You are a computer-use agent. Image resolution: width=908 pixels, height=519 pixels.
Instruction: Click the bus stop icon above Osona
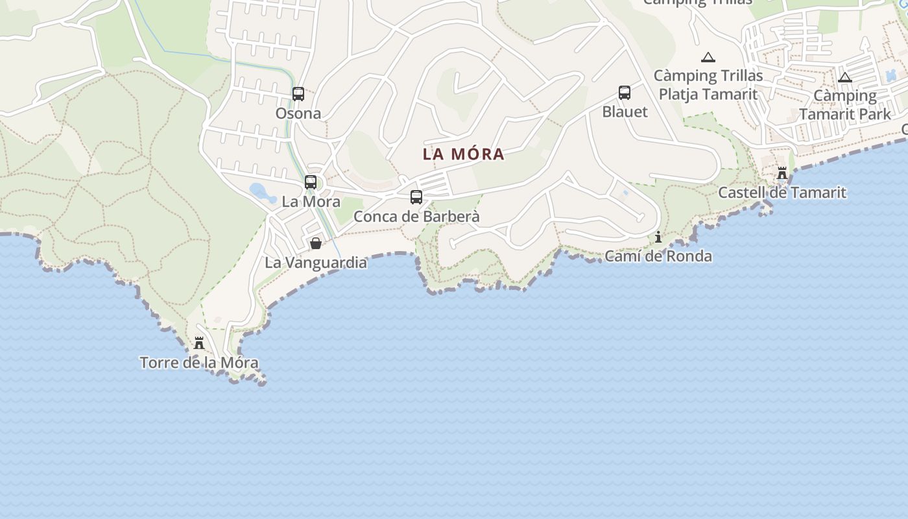(298, 94)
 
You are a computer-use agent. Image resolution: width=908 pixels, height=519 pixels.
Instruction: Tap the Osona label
(298, 114)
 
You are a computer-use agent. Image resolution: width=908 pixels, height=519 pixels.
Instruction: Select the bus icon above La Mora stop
(311, 182)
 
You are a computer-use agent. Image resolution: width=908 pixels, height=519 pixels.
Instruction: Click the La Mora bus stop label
(311, 202)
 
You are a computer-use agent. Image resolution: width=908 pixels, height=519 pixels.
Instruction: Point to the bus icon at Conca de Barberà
(416, 197)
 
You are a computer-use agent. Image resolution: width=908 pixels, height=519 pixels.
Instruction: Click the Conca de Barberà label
(416, 217)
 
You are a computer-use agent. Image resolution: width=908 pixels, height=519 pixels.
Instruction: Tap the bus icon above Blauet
(625, 93)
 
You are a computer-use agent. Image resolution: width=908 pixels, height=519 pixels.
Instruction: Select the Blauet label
(625, 112)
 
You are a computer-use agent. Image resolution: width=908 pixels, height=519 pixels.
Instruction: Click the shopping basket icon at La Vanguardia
(316, 244)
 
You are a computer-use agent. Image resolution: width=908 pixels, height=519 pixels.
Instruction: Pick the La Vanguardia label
(316, 263)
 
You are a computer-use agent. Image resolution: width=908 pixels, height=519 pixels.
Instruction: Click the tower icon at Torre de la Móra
(199, 343)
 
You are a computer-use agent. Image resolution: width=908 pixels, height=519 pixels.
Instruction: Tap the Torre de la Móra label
(199, 363)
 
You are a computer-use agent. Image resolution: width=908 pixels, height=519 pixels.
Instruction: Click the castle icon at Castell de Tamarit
(782, 173)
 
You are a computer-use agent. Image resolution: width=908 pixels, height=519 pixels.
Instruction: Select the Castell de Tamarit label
(782, 193)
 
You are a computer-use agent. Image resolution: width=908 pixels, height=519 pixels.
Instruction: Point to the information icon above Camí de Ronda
(658, 237)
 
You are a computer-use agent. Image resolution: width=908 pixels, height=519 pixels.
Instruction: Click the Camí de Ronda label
(658, 256)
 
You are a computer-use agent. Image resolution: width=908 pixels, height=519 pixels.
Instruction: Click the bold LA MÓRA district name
(464, 154)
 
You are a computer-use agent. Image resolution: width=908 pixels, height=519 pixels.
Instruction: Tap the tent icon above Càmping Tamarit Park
(844, 77)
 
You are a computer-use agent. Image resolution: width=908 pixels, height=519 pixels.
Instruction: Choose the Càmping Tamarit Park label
(844, 105)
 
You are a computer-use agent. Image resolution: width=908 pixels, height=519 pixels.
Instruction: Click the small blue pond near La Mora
(260, 191)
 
